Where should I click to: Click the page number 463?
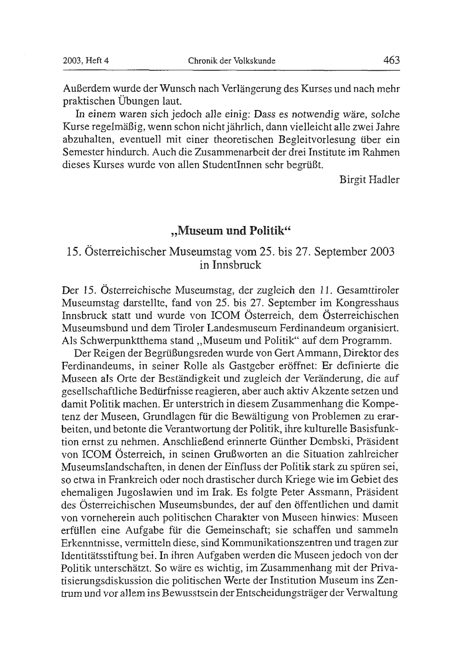tap(392, 60)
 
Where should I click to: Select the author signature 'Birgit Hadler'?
tap(369, 180)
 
